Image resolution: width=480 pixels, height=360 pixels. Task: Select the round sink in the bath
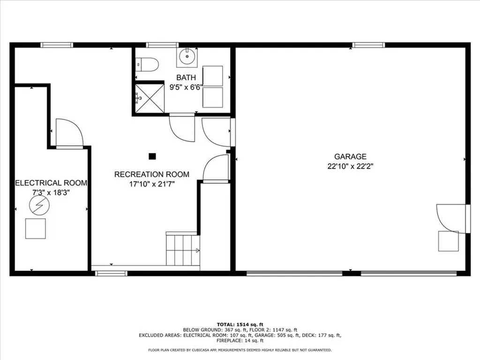click(x=187, y=57)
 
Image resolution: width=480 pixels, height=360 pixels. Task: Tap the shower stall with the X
click(x=150, y=98)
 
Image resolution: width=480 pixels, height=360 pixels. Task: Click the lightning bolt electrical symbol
click(x=39, y=205)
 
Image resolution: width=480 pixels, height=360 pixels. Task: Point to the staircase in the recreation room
click(x=182, y=249)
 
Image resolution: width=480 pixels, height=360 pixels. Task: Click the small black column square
click(x=152, y=157)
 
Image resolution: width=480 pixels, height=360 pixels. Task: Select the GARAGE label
click(x=350, y=157)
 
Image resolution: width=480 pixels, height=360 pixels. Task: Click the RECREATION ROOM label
click(x=152, y=174)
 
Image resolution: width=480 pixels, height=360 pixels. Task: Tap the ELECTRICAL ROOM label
click(x=51, y=183)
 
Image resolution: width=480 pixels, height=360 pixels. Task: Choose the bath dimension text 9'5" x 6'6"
click(x=186, y=87)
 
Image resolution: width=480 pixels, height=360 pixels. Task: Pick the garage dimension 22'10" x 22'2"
click(x=350, y=166)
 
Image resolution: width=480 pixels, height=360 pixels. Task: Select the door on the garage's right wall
click(x=452, y=217)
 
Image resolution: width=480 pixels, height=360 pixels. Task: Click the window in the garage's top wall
click(x=368, y=45)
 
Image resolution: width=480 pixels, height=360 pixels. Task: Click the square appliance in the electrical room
click(x=36, y=228)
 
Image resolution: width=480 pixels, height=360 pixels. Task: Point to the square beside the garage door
click(x=448, y=241)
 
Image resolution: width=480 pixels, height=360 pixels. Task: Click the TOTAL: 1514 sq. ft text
click(x=240, y=324)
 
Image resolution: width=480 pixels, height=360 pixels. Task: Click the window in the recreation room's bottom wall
click(x=111, y=273)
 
